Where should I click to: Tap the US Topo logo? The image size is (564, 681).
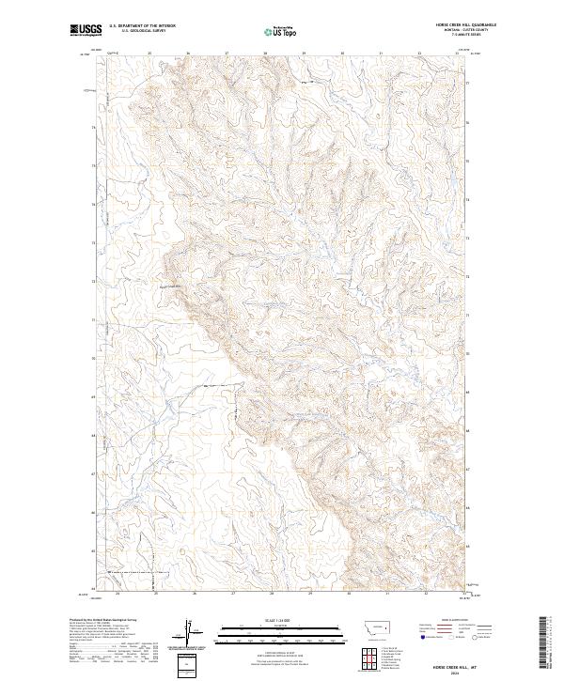[x=278, y=31]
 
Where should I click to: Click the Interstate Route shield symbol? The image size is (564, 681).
[x=415, y=637]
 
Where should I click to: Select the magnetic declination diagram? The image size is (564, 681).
[x=189, y=632]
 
